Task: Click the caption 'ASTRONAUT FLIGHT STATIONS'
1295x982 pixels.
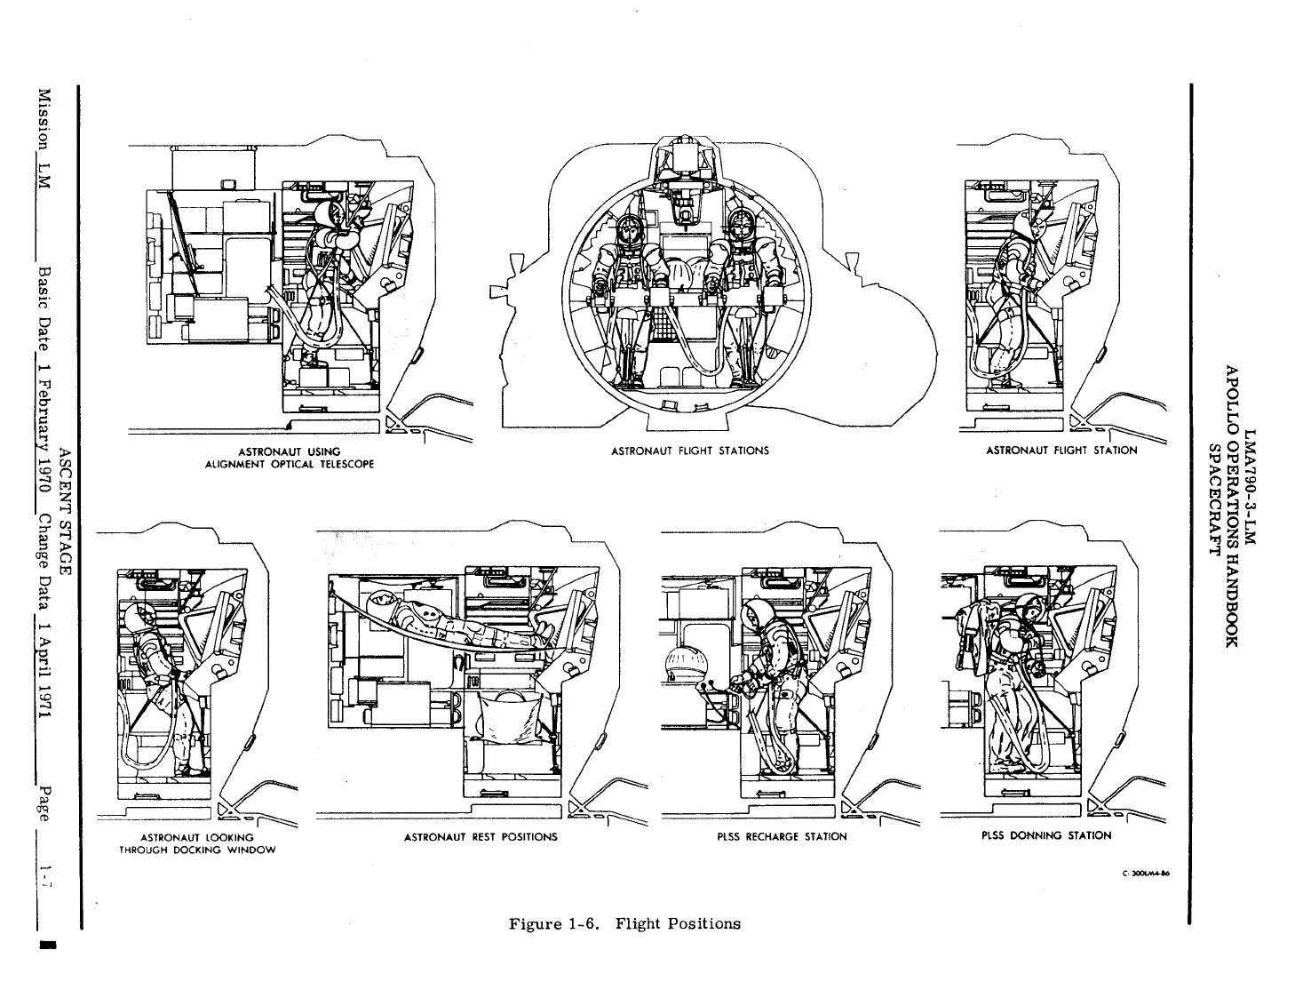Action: [x=690, y=451]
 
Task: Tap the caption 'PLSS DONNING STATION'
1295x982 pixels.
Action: [x=1045, y=835]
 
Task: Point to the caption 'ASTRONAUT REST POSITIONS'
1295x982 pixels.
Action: [x=481, y=836]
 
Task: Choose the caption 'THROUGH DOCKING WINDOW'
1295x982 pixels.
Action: [x=197, y=850]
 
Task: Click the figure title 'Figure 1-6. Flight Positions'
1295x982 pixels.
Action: [x=624, y=923]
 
